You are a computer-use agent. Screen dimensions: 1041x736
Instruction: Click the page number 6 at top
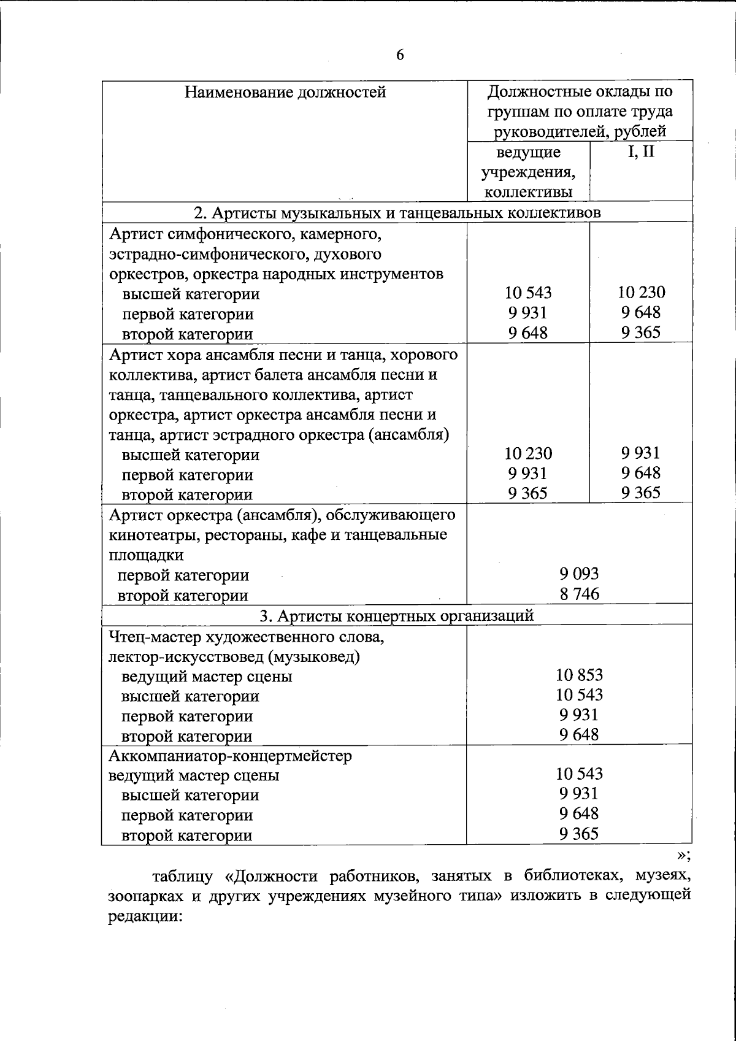[399, 55]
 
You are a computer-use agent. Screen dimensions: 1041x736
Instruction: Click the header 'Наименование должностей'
[285, 93]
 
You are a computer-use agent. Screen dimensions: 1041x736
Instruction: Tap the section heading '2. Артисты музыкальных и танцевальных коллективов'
[397, 212]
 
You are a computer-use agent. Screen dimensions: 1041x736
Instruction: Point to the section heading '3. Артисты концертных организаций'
[397, 615]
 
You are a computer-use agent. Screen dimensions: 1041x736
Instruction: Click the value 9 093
[579, 574]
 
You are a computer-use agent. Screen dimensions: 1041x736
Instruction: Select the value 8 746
[579, 593]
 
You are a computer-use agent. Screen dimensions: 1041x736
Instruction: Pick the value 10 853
[579, 675]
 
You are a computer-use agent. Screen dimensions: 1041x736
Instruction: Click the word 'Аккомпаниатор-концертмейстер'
[230, 755]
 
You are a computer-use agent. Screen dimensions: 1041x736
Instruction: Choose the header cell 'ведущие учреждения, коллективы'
[528, 172]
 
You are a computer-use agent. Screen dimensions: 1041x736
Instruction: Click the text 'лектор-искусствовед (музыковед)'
[233, 656]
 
